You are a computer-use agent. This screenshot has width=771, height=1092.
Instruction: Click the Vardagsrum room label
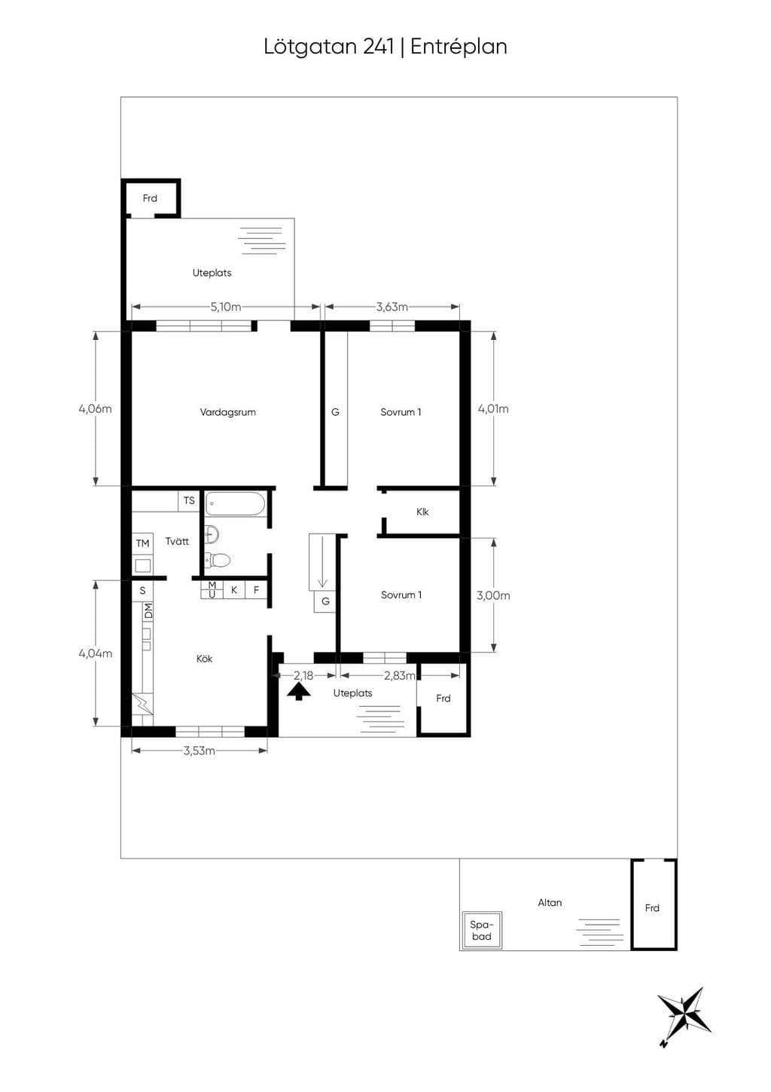click(227, 412)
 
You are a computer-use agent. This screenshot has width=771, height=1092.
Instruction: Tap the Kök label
click(204, 659)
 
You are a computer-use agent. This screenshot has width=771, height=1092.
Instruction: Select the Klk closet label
click(422, 512)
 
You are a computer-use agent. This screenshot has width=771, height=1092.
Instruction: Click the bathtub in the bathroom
click(235, 503)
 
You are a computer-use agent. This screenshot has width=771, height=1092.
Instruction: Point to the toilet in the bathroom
click(217, 560)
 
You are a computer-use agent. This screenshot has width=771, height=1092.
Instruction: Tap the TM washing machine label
click(142, 543)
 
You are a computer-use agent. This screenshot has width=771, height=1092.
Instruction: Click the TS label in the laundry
click(189, 500)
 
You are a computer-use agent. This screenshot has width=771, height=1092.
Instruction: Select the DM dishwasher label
click(148, 611)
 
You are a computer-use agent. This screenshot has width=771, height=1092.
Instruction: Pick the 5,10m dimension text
click(226, 307)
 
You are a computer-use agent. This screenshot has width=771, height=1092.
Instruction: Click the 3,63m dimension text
click(392, 307)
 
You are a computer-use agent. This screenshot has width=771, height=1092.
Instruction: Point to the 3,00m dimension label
click(493, 595)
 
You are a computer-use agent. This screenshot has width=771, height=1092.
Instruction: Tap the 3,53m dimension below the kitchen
click(199, 751)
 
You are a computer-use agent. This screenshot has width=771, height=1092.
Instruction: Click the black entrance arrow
click(299, 692)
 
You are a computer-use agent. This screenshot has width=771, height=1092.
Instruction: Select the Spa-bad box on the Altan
click(480, 930)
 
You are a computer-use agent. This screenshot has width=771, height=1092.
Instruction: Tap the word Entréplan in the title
click(459, 47)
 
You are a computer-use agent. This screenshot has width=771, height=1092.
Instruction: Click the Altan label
click(550, 902)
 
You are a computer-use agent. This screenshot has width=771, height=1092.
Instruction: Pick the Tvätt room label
click(177, 541)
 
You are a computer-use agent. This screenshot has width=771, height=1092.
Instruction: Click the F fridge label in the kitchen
click(256, 590)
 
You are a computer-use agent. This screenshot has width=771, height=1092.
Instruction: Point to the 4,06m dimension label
click(95, 408)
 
